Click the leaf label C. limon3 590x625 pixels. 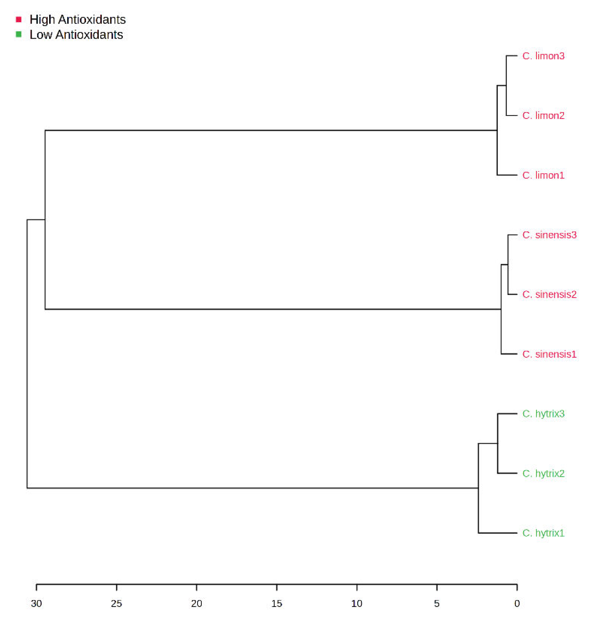[x=543, y=56]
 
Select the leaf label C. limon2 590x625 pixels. [x=543, y=116]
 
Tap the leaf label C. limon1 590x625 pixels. [x=543, y=175]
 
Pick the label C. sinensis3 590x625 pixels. [x=549, y=235]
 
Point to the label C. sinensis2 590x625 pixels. [x=549, y=294]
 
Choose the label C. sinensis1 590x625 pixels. [x=549, y=354]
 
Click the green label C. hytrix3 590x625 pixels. [x=543, y=414]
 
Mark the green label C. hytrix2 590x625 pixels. [x=543, y=473]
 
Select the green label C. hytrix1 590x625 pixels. [x=543, y=533]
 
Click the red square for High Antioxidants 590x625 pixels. [x=19, y=20]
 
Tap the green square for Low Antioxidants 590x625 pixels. [x=19, y=35]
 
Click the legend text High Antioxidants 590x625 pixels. [x=77, y=20]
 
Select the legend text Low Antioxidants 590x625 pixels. [x=76, y=35]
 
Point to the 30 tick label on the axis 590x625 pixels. [x=36, y=603]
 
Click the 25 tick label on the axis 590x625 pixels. [x=117, y=603]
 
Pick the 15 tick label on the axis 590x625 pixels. [x=277, y=603]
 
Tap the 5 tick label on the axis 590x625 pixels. [x=437, y=603]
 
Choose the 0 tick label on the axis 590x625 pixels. [x=517, y=603]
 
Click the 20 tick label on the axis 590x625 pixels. [x=197, y=603]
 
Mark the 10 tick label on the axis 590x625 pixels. [x=357, y=603]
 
